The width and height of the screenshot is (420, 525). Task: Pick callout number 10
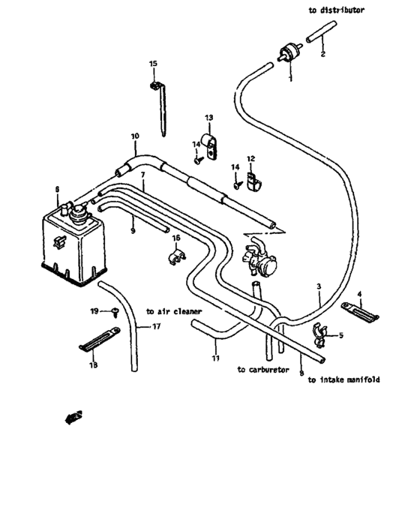click(x=134, y=136)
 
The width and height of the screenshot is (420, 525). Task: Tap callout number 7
click(x=142, y=175)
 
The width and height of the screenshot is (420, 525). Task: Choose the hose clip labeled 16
click(x=174, y=257)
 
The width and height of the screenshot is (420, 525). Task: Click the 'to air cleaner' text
click(x=175, y=310)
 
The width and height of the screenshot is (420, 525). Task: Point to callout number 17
click(x=156, y=326)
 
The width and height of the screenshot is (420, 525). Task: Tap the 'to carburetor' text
click(x=262, y=370)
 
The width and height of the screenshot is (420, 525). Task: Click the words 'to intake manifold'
click(x=343, y=380)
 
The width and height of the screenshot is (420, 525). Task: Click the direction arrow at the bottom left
click(x=73, y=417)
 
